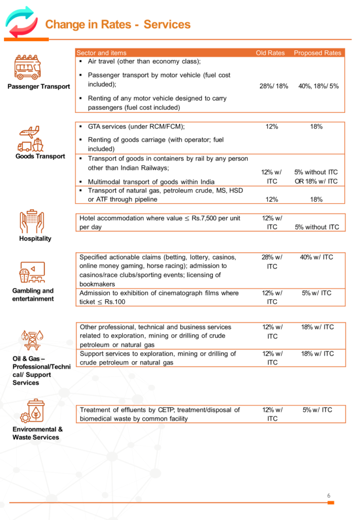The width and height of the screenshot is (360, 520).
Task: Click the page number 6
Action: [329, 496]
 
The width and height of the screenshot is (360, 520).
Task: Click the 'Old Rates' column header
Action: [270, 53]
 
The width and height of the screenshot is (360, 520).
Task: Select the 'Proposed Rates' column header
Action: [318, 53]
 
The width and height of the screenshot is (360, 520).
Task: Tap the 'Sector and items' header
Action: [101, 53]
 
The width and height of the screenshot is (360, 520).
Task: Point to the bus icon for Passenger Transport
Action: [27, 68]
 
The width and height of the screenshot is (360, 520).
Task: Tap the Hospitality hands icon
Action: [31, 221]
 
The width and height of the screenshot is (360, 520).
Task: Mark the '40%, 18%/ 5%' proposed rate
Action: [318, 86]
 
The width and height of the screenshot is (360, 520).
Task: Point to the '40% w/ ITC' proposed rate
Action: [316, 257]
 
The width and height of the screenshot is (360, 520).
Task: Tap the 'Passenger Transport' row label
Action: [39, 86]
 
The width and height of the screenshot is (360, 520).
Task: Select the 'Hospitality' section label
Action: [35, 239]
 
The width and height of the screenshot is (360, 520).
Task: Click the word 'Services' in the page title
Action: [167, 24]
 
